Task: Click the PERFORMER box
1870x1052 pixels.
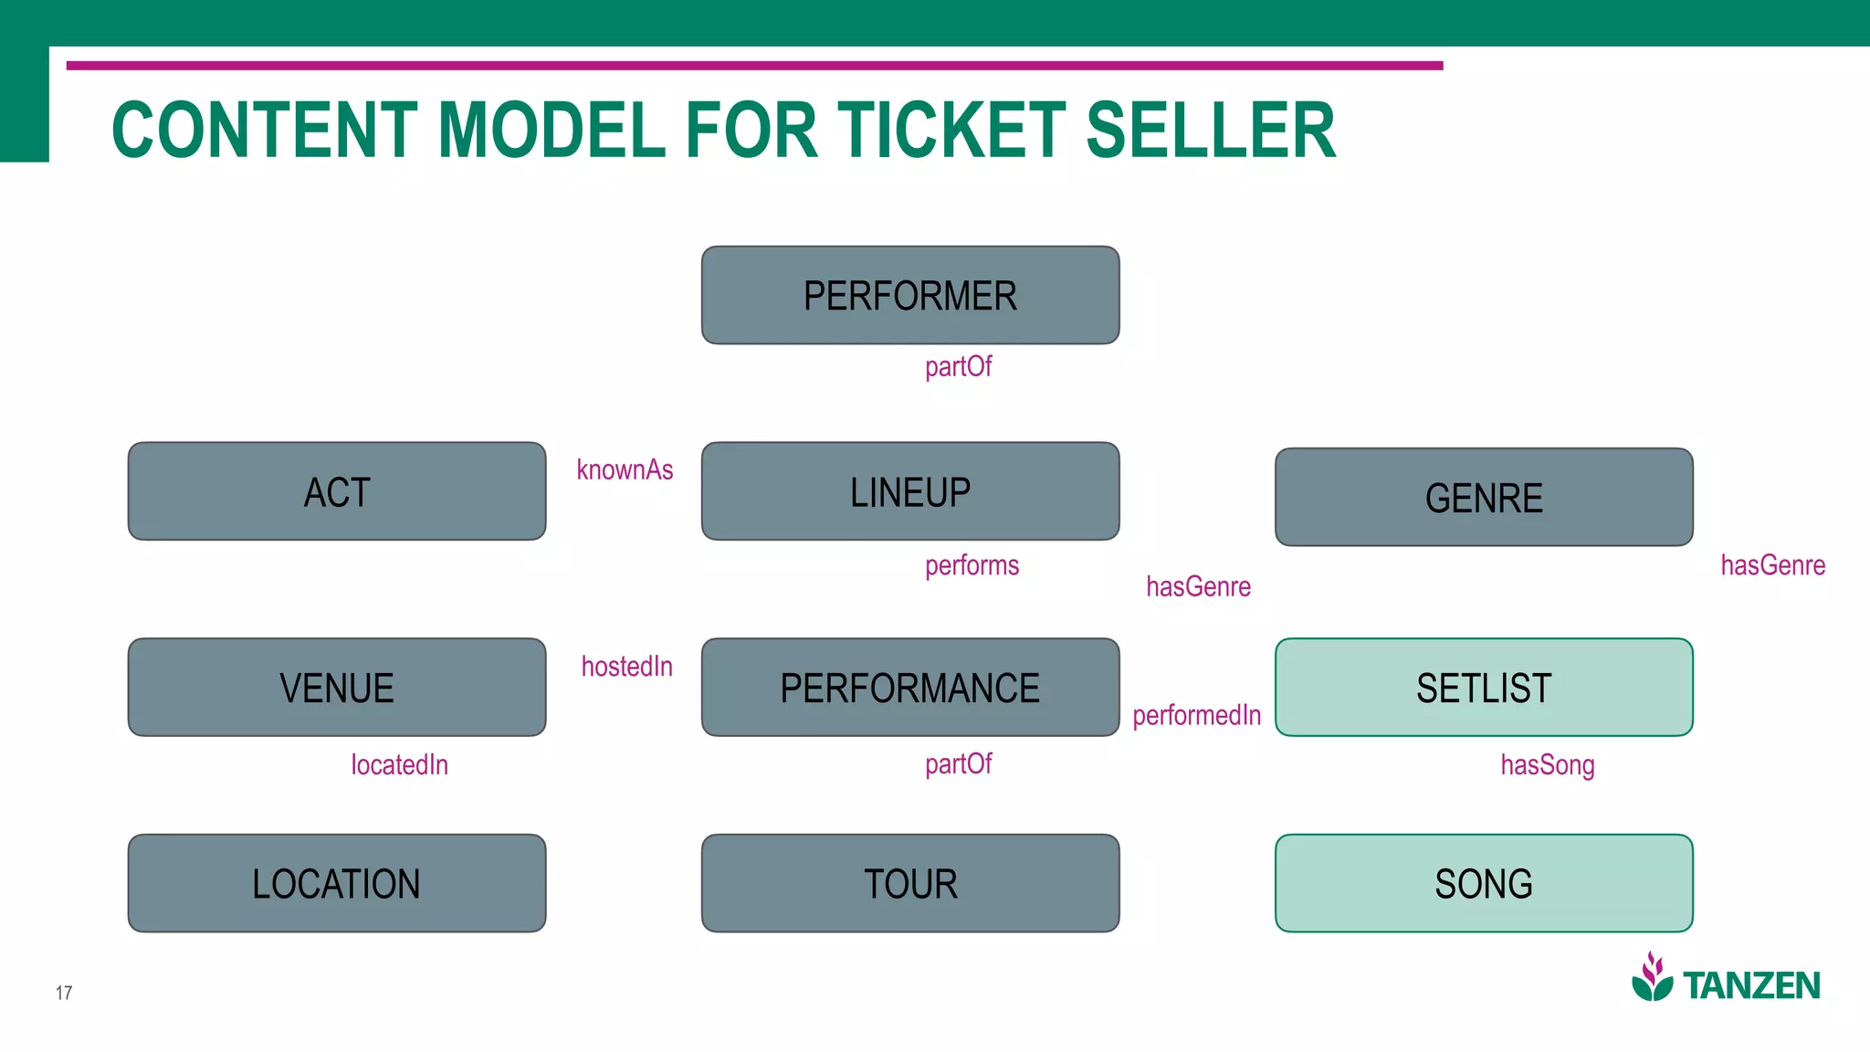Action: pyautogui.click(x=910, y=295)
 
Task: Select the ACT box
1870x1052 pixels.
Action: pyautogui.click(x=337, y=491)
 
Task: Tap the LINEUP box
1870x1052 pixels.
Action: pyautogui.click(x=910, y=491)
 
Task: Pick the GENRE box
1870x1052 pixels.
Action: pyautogui.click(x=1484, y=498)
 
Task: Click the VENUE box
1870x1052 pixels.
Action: pyautogui.click(x=337, y=688)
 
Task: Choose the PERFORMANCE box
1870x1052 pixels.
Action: pyautogui.click(x=910, y=688)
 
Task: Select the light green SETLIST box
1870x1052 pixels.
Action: pyautogui.click(x=1484, y=688)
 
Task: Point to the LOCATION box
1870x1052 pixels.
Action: pyautogui.click(x=337, y=883)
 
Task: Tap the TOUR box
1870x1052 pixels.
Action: pyautogui.click(x=910, y=883)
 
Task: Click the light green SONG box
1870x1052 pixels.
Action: pyautogui.click(x=1484, y=883)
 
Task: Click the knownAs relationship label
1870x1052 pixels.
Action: pyautogui.click(x=625, y=469)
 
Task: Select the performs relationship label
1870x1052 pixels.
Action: pyautogui.click(x=972, y=565)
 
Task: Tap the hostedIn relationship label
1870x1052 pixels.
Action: pyautogui.click(x=626, y=666)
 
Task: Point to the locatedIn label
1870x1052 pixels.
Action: pyautogui.click(x=400, y=764)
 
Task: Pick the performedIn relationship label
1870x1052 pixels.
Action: pyautogui.click(x=1196, y=715)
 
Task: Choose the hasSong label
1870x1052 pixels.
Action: pyautogui.click(x=1547, y=764)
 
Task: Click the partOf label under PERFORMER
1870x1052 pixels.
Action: pyautogui.click(x=958, y=366)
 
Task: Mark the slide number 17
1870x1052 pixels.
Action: pyautogui.click(x=64, y=993)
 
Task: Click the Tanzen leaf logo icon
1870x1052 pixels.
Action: pyautogui.click(x=1652, y=978)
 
